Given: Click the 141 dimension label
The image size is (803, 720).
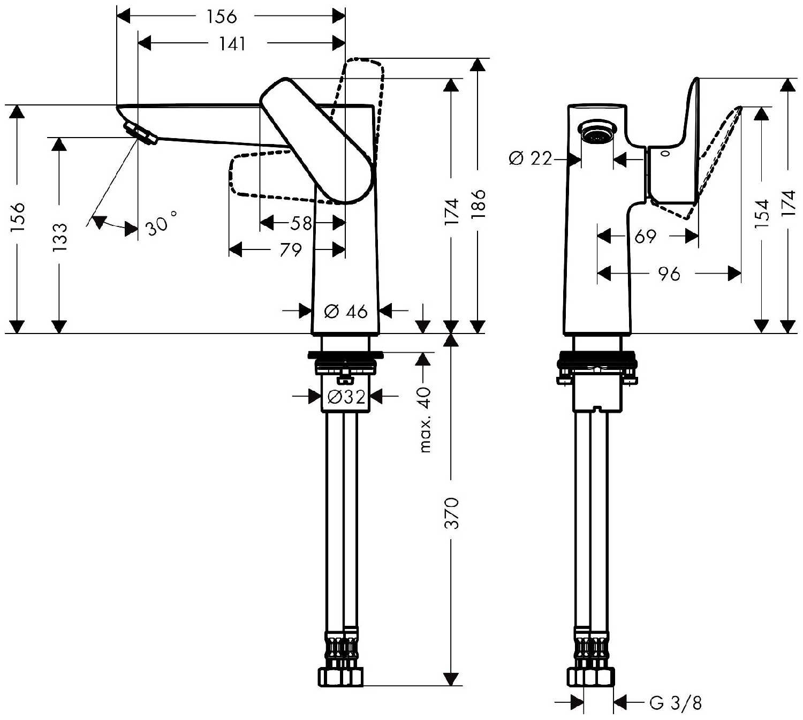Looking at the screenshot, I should [x=232, y=43].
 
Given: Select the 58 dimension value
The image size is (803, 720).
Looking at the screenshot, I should [x=301, y=223].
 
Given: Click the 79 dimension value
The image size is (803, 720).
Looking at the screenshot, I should [x=290, y=249].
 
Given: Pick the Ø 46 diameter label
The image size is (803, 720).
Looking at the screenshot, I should [x=346, y=310].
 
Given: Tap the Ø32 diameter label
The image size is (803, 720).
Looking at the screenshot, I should [x=346, y=397].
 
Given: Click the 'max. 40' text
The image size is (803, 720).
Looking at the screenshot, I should [x=425, y=420].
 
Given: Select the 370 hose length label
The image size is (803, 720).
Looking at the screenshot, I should [x=452, y=512].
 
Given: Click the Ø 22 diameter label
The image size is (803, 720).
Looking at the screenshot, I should [x=531, y=158].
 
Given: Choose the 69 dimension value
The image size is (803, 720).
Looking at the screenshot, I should [x=645, y=236].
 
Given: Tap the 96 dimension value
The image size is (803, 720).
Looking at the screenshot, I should [x=669, y=274].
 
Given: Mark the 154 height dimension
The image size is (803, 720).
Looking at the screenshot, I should [x=762, y=214].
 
